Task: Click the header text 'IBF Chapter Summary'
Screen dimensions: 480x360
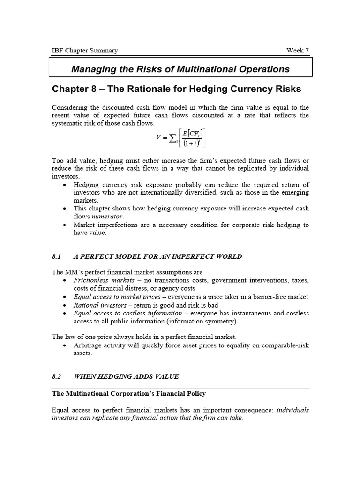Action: click(85, 51)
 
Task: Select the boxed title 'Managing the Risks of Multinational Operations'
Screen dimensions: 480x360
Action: click(180, 69)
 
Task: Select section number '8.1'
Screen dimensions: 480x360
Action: click(57, 256)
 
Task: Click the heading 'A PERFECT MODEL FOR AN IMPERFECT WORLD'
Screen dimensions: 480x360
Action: click(158, 256)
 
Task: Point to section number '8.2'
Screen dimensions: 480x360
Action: click(57, 376)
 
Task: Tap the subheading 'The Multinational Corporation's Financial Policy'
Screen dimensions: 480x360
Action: click(129, 393)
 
